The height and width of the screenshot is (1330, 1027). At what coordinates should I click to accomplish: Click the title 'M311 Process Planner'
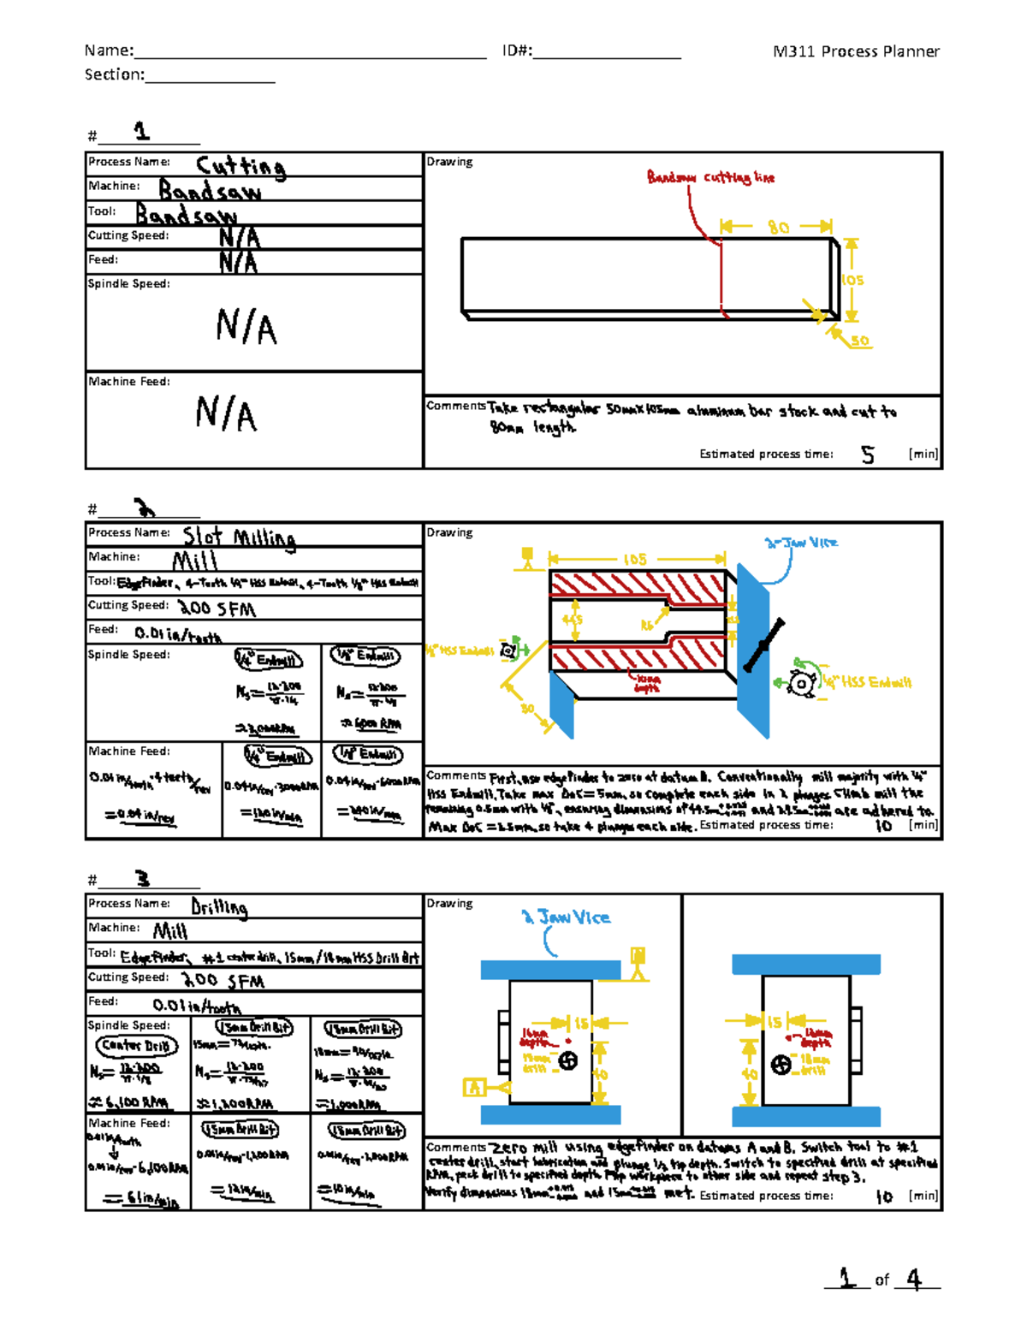point(855,51)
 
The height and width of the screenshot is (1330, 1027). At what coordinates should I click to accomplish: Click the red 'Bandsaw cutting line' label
point(710,177)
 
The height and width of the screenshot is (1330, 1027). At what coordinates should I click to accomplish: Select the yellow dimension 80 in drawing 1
point(778,227)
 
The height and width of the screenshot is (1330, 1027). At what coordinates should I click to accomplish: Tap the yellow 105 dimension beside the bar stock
point(852,280)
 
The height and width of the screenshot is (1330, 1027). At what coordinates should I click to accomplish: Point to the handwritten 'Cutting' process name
point(240,165)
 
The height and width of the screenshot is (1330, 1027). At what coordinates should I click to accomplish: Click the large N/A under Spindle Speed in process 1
point(246,327)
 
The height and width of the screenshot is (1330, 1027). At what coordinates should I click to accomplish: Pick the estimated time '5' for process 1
point(868,454)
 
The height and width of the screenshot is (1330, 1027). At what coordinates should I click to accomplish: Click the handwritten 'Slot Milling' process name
point(240,537)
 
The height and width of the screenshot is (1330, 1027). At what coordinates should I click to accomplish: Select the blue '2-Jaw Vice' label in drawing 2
point(801,543)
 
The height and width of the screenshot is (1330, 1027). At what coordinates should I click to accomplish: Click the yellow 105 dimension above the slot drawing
point(635,559)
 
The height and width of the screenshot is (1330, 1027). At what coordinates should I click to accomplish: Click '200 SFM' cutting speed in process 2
point(217,609)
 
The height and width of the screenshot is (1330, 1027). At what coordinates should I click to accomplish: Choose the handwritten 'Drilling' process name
point(219,906)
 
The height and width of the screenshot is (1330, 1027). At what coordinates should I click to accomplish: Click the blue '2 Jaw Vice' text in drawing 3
point(567,917)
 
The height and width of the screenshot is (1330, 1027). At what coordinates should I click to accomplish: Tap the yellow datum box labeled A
point(473,1087)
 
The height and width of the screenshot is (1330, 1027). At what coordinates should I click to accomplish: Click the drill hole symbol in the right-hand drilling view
point(781,1065)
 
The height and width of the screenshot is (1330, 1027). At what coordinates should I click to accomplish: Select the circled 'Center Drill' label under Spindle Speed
point(136,1045)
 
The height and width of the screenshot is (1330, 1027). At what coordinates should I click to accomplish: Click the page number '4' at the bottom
point(914,1280)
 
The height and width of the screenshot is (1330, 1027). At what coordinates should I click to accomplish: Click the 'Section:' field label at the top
point(115,74)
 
